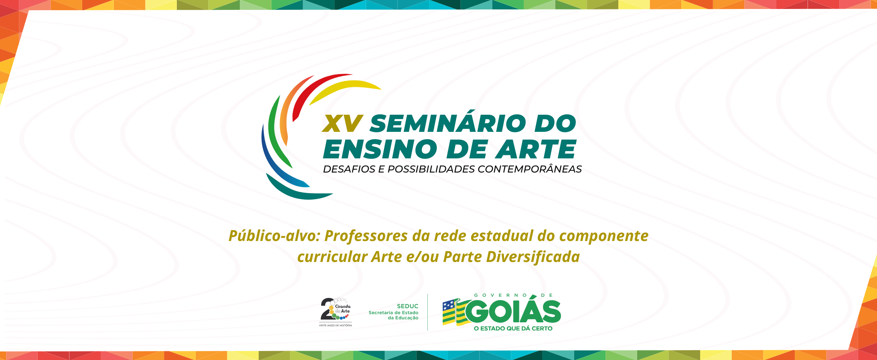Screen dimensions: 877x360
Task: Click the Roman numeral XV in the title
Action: click(343, 124)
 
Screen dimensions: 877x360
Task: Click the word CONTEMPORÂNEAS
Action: click(530, 169)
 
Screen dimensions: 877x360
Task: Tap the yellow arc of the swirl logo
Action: click(343, 89)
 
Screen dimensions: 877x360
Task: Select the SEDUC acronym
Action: click(408, 306)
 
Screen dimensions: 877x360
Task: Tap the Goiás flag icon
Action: click(455, 312)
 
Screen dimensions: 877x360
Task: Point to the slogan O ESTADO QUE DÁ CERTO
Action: click(513, 328)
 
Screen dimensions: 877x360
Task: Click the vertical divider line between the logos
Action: click(428, 312)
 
